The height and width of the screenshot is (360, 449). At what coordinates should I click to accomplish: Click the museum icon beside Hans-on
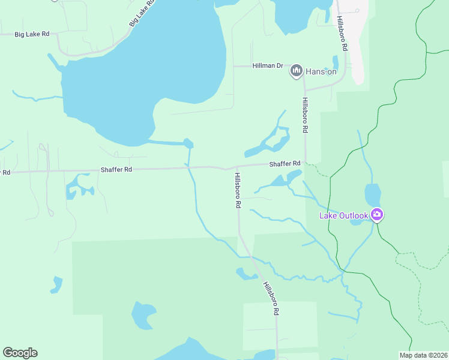(x=296, y=71)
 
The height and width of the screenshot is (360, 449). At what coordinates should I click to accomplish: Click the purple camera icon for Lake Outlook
(x=376, y=215)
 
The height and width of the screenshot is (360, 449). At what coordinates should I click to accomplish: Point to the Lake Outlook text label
(x=344, y=215)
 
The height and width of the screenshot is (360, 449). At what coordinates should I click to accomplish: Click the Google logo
(x=20, y=353)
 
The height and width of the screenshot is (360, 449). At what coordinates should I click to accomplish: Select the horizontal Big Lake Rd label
(x=32, y=34)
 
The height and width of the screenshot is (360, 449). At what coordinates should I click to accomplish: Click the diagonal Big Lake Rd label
(x=142, y=13)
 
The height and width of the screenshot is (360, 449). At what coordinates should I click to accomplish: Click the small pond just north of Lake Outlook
(x=373, y=194)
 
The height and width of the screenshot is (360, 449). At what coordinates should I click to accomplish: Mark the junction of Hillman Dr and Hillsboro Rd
(x=304, y=66)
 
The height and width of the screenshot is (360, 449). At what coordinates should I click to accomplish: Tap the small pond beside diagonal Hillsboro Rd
(x=246, y=274)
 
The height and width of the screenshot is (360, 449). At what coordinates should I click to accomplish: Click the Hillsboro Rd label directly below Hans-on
(x=305, y=115)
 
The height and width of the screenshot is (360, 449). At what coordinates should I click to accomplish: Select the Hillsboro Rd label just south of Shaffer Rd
(x=238, y=190)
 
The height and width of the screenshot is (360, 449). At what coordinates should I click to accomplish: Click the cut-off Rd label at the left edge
(x=5, y=172)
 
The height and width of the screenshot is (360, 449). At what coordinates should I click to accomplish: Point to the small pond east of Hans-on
(x=336, y=62)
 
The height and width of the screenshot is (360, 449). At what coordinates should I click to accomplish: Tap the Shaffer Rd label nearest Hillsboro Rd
(x=285, y=164)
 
